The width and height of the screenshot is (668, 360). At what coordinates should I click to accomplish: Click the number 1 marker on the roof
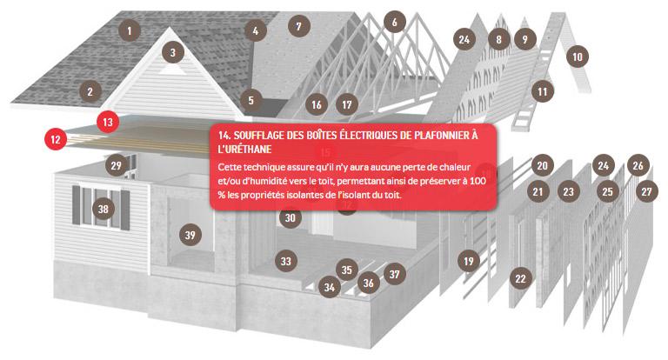click(x=129, y=30)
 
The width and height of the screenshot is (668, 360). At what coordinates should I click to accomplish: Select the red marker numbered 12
click(x=56, y=139)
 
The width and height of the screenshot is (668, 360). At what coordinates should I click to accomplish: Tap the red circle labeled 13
click(x=107, y=123)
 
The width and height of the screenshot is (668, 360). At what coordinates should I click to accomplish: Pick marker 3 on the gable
click(x=172, y=52)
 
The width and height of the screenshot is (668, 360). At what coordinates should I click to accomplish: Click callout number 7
click(x=298, y=26)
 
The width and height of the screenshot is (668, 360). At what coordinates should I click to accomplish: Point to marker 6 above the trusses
click(x=395, y=22)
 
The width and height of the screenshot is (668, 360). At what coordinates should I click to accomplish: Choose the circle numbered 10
click(x=578, y=57)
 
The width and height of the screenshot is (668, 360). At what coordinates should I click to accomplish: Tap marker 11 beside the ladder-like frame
click(x=543, y=91)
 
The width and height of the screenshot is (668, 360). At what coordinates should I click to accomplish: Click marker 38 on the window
click(x=104, y=210)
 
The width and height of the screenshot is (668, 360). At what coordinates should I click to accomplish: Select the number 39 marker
click(x=190, y=235)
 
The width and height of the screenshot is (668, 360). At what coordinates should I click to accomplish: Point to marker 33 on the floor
click(x=286, y=261)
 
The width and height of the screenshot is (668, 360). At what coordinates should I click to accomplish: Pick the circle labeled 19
click(x=469, y=261)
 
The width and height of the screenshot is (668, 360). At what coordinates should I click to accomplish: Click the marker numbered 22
click(x=521, y=278)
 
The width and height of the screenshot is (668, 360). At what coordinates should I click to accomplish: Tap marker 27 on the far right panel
click(x=647, y=191)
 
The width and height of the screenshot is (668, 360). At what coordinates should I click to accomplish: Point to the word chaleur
click(x=454, y=167)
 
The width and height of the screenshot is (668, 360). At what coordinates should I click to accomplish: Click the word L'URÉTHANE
click(x=244, y=149)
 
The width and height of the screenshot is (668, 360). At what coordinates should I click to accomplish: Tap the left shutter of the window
click(x=77, y=204)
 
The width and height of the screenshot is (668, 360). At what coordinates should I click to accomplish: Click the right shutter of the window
click(x=125, y=210)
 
